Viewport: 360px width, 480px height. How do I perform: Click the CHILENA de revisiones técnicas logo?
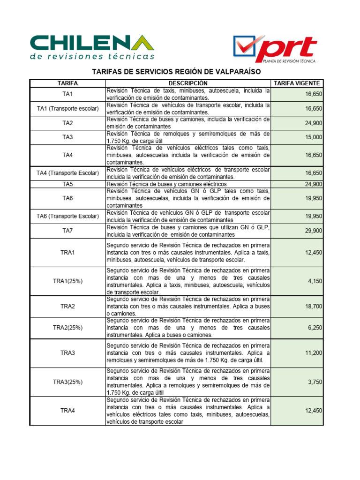click(92, 47)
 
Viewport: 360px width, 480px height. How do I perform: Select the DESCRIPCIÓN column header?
click(188, 83)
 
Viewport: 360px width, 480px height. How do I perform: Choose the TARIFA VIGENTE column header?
click(297, 83)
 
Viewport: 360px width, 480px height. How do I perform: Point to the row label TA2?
click(68, 123)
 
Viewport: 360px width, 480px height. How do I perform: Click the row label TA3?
click(68, 137)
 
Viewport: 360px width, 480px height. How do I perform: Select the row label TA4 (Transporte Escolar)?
click(68, 173)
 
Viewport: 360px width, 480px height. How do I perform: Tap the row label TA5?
click(68, 184)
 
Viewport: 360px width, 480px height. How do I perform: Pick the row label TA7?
click(68, 231)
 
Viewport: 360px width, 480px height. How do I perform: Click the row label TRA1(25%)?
click(68, 281)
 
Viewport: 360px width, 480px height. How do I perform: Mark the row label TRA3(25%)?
click(68, 382)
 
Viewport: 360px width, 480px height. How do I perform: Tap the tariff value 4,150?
click(315, 281)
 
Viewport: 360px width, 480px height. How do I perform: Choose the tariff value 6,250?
click(315, 328)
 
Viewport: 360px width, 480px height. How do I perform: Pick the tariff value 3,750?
click(315, 382)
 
